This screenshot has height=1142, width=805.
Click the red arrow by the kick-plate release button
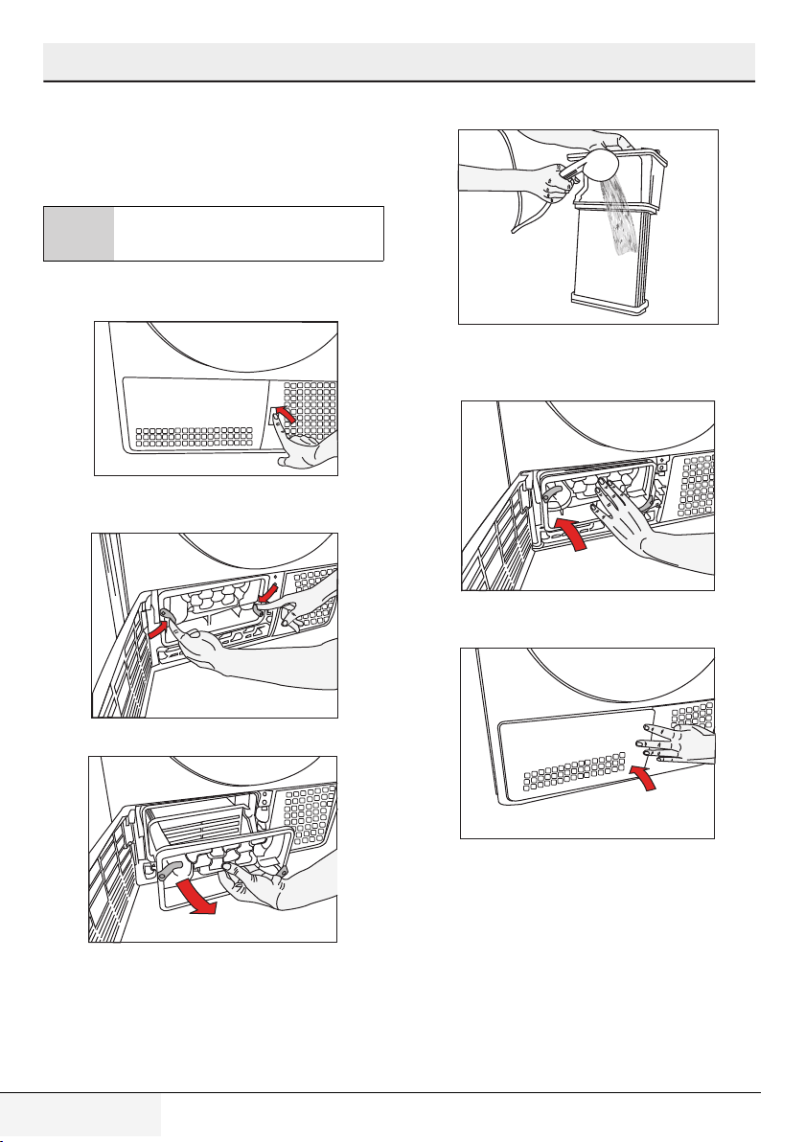[284, 415]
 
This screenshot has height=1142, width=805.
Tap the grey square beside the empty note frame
[79, 233]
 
